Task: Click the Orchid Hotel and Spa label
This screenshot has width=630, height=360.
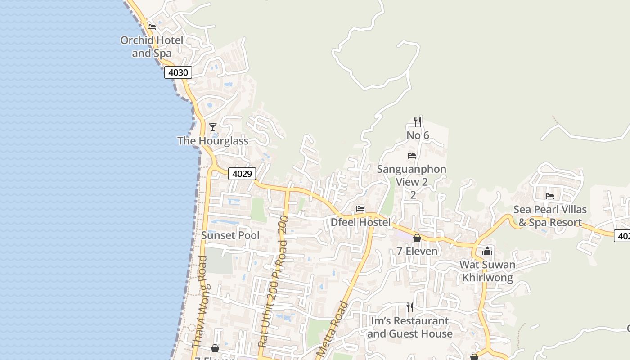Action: (152, 47)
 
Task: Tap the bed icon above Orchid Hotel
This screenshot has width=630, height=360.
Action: (152, 27)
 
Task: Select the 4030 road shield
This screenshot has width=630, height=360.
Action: (178, 72)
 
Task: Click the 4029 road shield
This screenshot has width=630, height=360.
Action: (242, 174)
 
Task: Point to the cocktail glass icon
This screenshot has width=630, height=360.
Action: (213, 127)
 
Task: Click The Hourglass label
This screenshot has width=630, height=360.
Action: (213, 141)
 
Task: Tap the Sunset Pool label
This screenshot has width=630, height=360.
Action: (230, 235)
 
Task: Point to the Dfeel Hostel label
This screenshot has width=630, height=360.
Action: (360, 222)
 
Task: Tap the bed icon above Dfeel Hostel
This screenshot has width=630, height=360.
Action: (360, 209)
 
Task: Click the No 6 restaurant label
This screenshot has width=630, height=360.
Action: (418, 135)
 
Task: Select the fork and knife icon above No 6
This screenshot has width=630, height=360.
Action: (418, 121)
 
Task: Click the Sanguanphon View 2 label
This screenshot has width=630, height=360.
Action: (412, 175)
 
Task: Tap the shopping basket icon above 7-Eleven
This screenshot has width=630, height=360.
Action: (417, 238)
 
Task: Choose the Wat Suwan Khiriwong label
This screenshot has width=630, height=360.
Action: (487, 271)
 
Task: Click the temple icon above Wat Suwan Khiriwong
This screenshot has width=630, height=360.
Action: (487, 251)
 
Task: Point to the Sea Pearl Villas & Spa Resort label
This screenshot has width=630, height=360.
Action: (550, 216)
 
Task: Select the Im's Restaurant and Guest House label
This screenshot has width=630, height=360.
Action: (410, 327)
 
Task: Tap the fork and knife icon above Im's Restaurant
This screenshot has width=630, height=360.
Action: (410, 307)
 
